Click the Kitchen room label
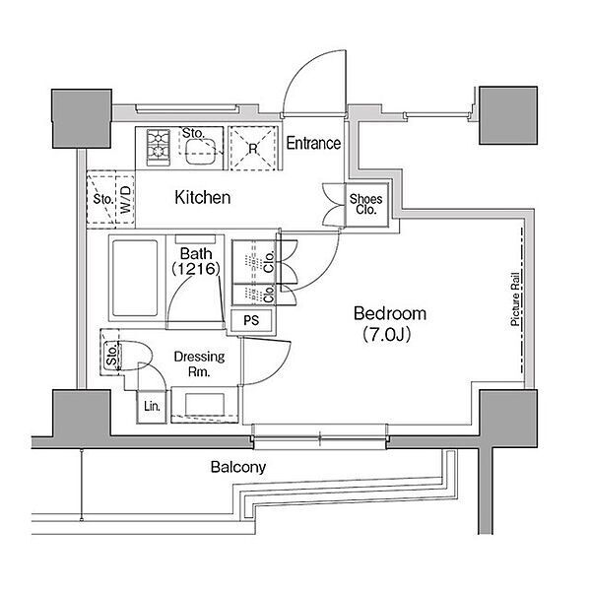[203, 198]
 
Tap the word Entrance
[313, 143]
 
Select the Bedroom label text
[390, 313]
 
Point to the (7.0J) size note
[386, 334]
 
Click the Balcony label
[238, 467]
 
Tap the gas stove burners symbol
[159, 147]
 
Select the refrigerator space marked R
[253, 148]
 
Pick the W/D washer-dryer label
[126, 199]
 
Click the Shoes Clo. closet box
[366, 205]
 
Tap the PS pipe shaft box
[251, 320]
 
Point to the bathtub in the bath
[135, 278]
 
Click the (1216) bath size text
[196, 269]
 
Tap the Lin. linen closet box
[152, 406]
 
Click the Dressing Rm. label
[199, 363]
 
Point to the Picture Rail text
[515, 298]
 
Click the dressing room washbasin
[204, 404]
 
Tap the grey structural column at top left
[82, 118]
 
